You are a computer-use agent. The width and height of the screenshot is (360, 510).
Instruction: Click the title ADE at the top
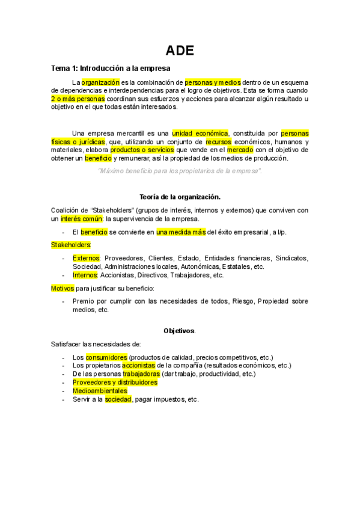180,51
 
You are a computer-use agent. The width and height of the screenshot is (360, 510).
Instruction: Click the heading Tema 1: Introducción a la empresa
111,69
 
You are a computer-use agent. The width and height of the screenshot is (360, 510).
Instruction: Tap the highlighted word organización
101,81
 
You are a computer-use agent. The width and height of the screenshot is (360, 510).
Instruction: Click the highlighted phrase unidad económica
200,133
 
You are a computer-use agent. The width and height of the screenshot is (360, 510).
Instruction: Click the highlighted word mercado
240,150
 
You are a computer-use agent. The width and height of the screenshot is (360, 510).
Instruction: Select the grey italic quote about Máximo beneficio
180,171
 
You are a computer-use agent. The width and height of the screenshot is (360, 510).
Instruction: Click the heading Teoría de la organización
180,197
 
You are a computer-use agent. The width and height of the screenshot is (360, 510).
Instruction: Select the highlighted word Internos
85,275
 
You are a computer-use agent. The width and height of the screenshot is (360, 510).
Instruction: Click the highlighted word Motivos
63,288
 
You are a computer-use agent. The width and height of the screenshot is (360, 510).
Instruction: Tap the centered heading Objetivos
180,331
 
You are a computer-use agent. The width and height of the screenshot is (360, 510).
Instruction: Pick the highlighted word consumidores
106,357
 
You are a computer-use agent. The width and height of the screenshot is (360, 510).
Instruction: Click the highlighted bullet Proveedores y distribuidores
115,382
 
